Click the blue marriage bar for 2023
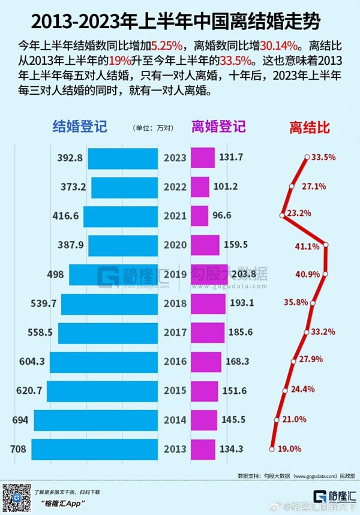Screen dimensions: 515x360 pos(124,158)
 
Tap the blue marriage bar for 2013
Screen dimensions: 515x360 pos(95,449)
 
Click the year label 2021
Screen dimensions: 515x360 pos(175,216)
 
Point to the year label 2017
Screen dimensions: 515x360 pos(175,332)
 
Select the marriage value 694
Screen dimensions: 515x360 pos(20,420)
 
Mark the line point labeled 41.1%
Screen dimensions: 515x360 pos(326,244)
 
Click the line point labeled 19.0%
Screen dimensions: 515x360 pos(272,447)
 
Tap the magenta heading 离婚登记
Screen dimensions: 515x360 pos(218,127)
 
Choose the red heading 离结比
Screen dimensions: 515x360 pos(310,127)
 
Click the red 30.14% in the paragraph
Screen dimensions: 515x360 pos(281,45)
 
